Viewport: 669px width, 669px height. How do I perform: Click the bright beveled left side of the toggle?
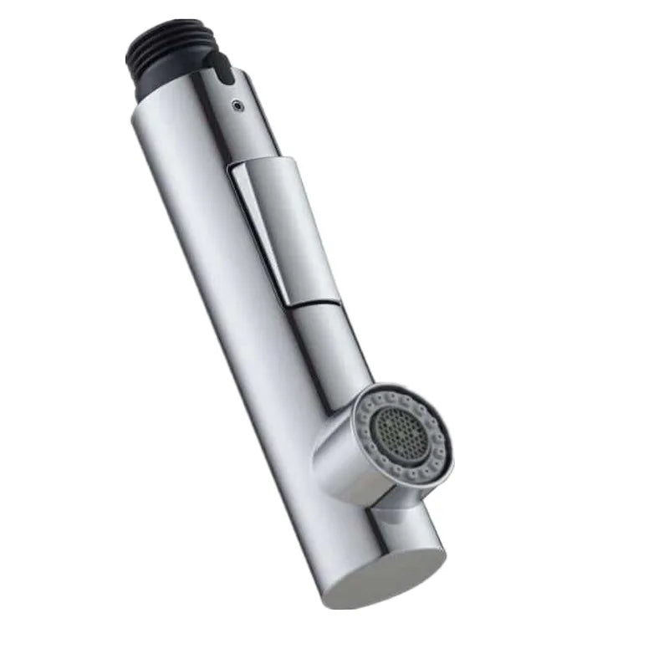click(259, 234)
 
